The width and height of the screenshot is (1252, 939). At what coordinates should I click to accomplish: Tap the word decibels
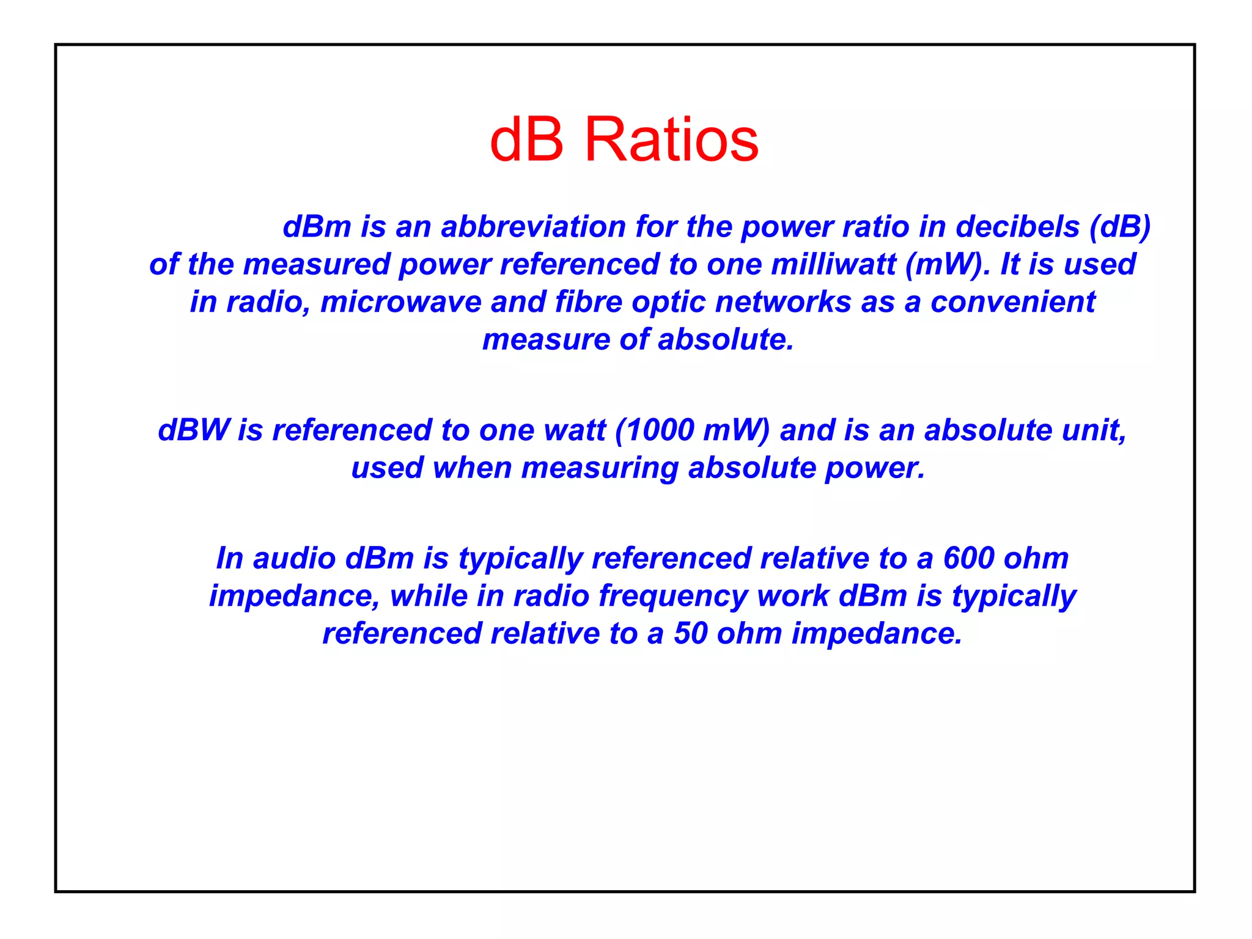1017,227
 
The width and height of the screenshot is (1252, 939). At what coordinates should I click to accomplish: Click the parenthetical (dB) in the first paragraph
1120,227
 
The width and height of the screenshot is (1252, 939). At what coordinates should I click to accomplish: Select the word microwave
400,302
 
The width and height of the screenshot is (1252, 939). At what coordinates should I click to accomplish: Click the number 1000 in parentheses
660,430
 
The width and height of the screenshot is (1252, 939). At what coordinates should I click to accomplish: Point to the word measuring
600,468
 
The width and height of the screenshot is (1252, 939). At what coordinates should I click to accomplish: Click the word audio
294,559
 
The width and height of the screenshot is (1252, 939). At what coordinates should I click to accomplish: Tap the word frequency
673,597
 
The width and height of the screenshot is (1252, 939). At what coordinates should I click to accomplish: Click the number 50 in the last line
690,634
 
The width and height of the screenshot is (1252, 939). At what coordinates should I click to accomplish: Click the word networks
782,302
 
